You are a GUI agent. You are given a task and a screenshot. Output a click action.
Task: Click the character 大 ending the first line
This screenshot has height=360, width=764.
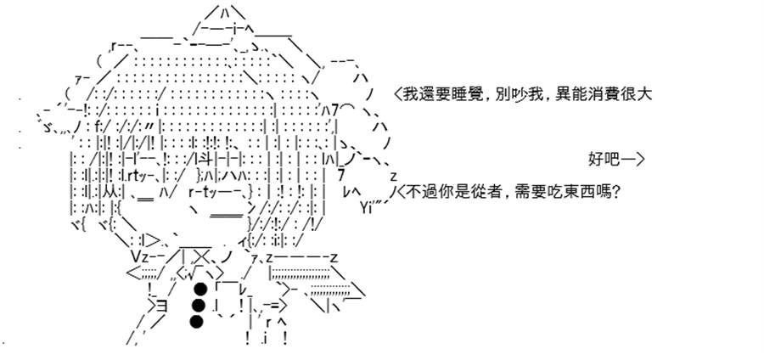(x=644, y=94)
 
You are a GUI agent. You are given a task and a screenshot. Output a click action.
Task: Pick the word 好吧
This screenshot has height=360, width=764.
(x=602, y=160)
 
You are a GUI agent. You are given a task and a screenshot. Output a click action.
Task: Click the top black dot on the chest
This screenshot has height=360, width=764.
(x=199, y=290)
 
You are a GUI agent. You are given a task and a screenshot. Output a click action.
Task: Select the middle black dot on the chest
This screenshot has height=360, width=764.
(x=197, y=306)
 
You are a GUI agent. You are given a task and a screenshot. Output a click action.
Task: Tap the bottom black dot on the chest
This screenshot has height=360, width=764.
(x=195, y=322)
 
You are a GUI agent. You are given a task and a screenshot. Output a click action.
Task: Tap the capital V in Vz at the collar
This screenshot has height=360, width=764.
(x=136, y=256)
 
